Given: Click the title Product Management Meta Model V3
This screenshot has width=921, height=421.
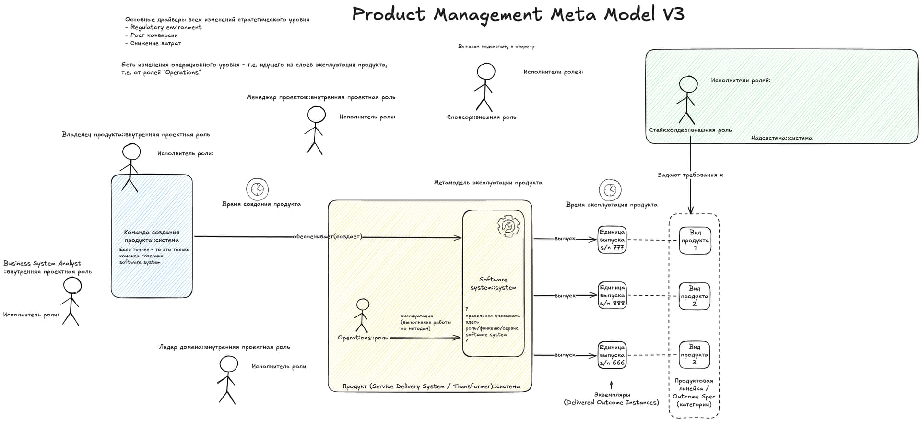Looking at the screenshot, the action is point(518,14).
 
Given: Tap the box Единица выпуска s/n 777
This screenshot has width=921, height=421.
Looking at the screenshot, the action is point(612,240).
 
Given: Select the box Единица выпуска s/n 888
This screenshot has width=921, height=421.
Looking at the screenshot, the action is point(612,295).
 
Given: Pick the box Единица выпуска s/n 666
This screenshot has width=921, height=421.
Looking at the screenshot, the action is point(612,355).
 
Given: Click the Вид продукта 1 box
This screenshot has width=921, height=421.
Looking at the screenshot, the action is point(695,240).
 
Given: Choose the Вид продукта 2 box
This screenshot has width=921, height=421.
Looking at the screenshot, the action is point(694,296).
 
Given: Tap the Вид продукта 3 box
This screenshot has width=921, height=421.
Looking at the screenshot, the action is point(694,355).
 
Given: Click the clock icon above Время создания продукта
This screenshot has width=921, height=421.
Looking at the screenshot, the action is point(258,189).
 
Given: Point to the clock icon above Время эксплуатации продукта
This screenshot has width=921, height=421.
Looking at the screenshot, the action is point(610,190).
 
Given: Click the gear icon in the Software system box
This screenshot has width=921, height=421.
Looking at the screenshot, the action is point(508,226).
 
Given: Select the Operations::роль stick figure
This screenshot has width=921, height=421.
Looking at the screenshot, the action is point(363,315).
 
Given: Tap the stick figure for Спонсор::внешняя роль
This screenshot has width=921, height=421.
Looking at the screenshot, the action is point(484,88).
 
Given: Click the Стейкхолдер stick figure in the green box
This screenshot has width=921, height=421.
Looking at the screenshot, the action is point(687,101).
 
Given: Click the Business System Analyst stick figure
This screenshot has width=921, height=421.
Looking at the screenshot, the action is point(71,302).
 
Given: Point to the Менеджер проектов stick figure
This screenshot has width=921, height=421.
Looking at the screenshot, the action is point(315,130).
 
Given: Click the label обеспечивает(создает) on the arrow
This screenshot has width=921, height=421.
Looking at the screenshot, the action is point(328,236).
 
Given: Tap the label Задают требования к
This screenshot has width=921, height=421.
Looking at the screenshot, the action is point(690,175).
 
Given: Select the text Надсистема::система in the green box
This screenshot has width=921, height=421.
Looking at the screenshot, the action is point(782,138).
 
